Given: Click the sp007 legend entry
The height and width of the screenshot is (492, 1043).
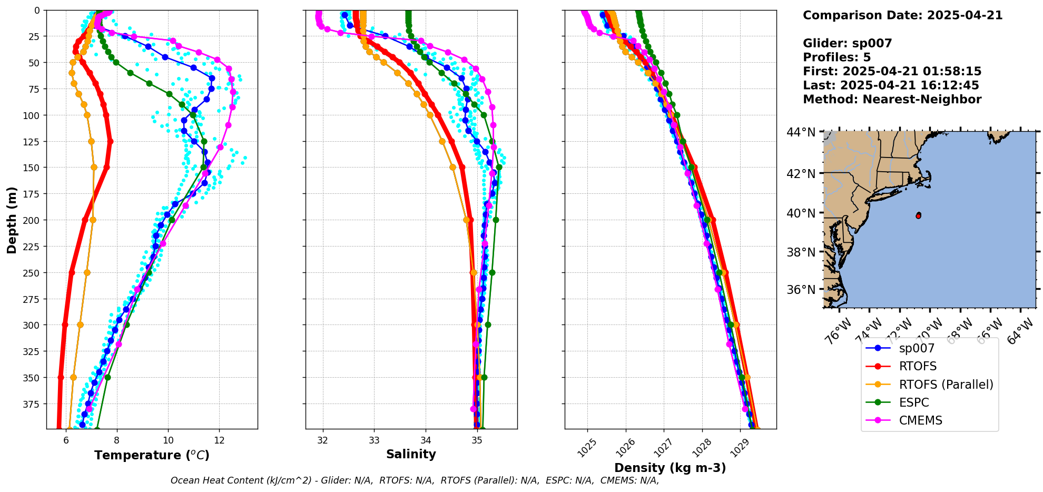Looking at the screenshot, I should coord(917,348).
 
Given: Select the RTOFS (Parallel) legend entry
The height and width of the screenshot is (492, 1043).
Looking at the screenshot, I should coord(946,385).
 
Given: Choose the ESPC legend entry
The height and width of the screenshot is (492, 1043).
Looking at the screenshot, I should coord(914,402).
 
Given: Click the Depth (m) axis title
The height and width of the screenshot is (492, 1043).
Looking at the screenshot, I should coord(12,220).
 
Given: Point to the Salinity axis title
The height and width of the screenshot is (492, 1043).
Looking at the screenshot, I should coord(411,454).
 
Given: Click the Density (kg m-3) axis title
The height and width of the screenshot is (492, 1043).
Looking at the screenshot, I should coord(670,468).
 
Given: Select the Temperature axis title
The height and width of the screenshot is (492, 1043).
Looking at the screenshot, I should coord(152,455).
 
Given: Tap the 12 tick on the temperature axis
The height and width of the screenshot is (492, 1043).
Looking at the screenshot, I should coord(219,440).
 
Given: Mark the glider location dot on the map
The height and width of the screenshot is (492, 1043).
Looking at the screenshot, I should coord(918,215).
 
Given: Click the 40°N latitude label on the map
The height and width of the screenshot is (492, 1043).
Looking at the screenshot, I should coord(801,213).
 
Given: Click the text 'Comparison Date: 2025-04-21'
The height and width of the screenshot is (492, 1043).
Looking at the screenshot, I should coord(902,15).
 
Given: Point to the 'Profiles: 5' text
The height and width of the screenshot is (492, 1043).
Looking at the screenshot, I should coord(837,57).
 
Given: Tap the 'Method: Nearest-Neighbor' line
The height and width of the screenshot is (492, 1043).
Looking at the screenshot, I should coord(892,100).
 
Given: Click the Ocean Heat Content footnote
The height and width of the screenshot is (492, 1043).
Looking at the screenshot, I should coord(415,480).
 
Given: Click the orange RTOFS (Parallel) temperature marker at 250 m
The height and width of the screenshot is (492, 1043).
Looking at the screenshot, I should coord(87,273).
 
